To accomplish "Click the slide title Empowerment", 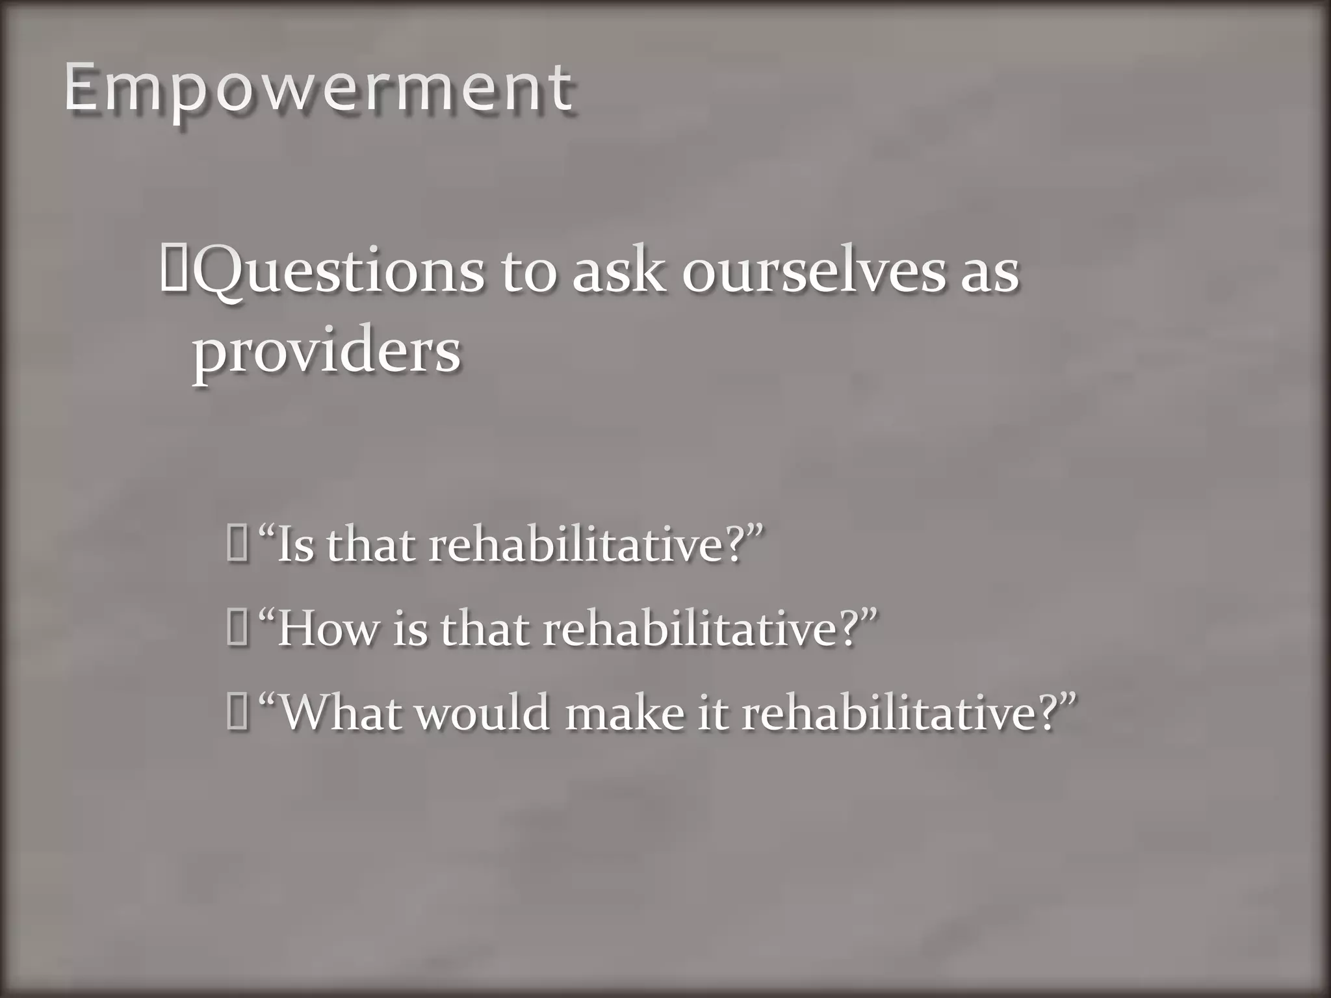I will point(318,89).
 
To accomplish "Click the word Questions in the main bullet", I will point(339,272).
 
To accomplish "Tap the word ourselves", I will point(814,272).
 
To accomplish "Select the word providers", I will point(326,352).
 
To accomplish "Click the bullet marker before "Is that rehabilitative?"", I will point(237,545).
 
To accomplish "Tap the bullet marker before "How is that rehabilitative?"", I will point(237,630).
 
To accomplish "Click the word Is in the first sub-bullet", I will point(296,545).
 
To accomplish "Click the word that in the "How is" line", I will point(484,630).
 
